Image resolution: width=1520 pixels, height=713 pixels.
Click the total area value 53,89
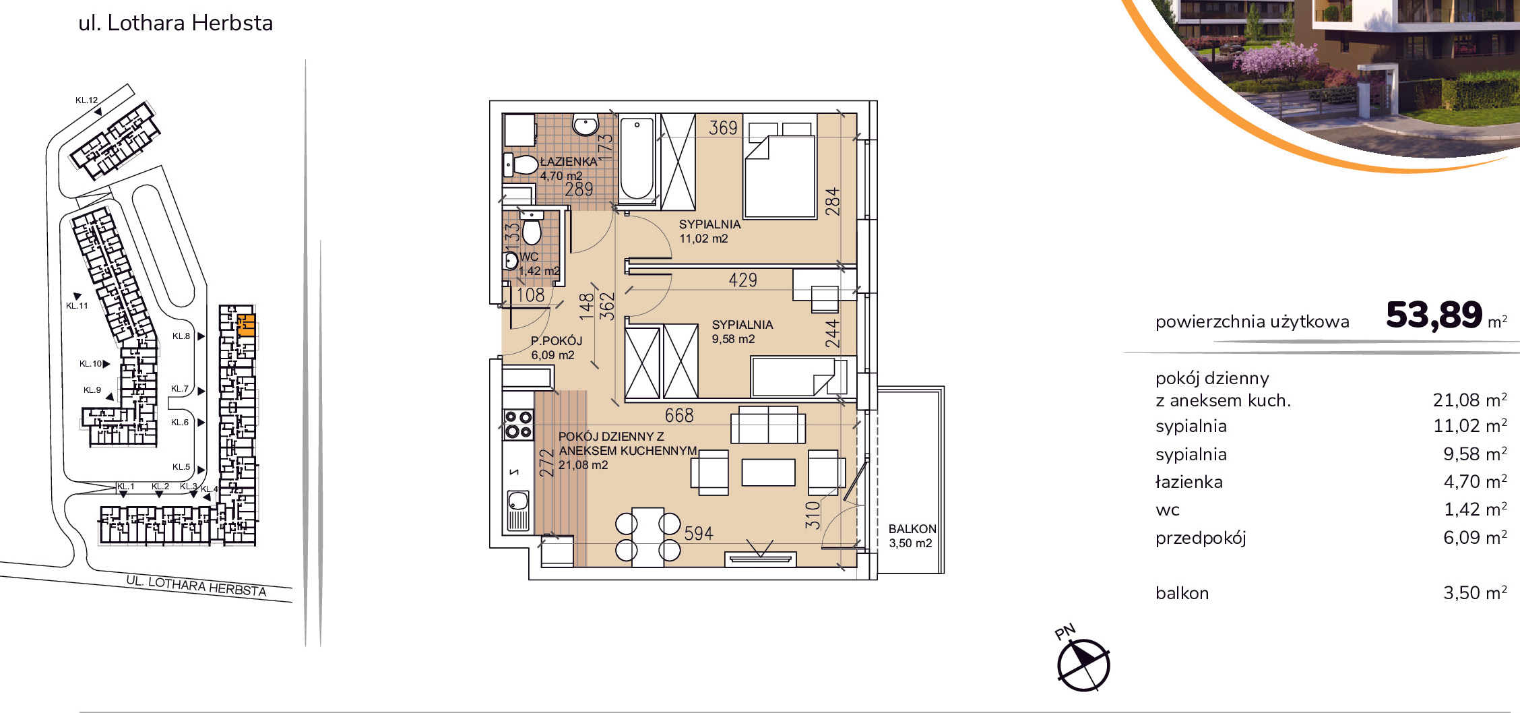pos(1434,315)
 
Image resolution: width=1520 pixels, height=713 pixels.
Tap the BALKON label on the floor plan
pos(912,529)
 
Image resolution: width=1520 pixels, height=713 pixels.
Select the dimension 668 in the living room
pos(679,416)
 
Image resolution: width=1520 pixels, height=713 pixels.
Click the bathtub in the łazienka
pos(637,159)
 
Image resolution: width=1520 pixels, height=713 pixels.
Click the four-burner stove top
pos(518,425)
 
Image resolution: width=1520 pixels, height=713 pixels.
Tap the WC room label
pos(529,257)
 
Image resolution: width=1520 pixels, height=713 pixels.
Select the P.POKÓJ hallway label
pos(557,341)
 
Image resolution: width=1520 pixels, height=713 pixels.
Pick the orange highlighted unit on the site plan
pos(247,325)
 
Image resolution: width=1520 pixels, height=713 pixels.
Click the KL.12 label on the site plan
pos(86,100)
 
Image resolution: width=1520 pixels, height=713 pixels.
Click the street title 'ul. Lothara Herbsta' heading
pos(176,23)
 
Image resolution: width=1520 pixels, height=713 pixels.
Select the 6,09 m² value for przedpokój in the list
pos(1475,537)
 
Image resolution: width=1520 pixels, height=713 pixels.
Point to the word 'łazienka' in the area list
pos(1189,482)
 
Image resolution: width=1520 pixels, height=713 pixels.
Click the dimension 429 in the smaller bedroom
pos(743,280)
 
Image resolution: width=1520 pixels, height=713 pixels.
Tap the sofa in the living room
pos(768,424)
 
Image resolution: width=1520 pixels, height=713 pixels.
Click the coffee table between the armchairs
pos(768,472)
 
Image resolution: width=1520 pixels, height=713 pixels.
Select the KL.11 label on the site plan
pos(77,306)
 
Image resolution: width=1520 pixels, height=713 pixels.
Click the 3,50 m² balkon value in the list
pos(1475,592)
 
